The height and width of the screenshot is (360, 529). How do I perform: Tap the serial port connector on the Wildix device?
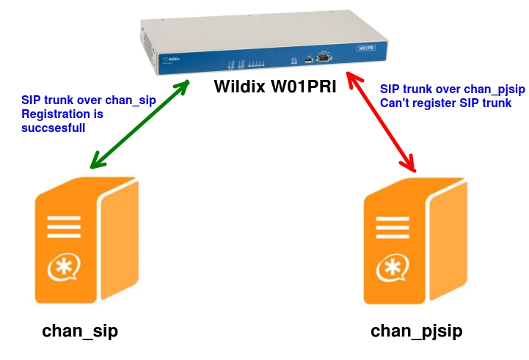324,56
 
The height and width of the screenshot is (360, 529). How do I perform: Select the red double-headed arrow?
381,121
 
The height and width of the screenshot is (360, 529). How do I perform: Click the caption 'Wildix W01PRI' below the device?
274,86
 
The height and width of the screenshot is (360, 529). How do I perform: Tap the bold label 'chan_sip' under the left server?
80,331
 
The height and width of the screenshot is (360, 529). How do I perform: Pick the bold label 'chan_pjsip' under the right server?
417,331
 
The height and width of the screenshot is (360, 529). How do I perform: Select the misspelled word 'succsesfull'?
54,127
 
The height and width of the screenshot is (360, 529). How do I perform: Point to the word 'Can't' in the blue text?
394,103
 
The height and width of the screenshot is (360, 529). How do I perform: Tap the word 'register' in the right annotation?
432,103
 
